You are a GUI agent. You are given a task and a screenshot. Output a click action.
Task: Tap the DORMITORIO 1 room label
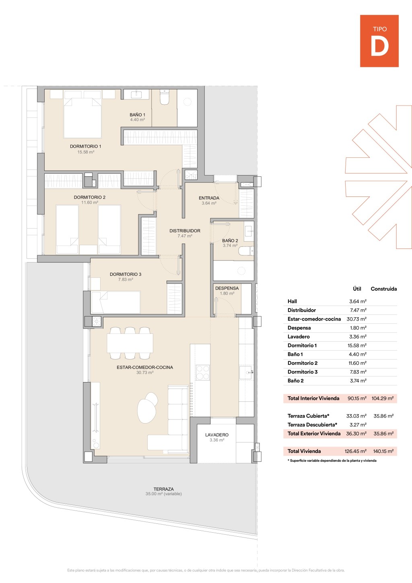tap(86, 147)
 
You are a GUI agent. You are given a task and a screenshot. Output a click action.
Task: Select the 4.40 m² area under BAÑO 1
tap(137, 120)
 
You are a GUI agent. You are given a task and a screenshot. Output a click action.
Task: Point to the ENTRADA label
tap(209, 198)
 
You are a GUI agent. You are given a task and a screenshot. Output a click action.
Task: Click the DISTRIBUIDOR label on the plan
tap(185, 231)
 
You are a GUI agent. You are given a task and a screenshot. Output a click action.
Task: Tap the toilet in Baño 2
tap(246, 251)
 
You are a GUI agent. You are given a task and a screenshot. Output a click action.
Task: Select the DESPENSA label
tap(227, 288)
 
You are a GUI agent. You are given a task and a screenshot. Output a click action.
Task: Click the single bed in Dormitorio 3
tap(116, 302)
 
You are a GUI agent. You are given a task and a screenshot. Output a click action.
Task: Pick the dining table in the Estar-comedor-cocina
tap(130, 343)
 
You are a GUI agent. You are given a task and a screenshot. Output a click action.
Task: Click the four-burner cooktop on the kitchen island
tap(203, 373)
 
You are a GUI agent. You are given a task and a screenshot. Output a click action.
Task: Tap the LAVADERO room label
tap(217, 435)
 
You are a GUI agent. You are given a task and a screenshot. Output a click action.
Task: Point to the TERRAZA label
tap(164, 489)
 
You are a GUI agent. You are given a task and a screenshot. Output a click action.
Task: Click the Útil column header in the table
tap(357, 289)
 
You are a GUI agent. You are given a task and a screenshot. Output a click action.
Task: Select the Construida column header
tap(384, 289)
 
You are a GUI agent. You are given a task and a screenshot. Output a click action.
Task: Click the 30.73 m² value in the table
tap(356, 319)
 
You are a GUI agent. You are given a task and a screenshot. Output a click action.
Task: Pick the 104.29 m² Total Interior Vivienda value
tap(382, 398)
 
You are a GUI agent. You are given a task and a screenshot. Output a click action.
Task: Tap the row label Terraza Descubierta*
tap(312, 425)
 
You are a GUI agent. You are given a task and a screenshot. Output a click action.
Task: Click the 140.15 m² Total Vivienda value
tap(383, 451)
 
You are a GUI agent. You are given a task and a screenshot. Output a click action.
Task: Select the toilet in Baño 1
tap(164, 97)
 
